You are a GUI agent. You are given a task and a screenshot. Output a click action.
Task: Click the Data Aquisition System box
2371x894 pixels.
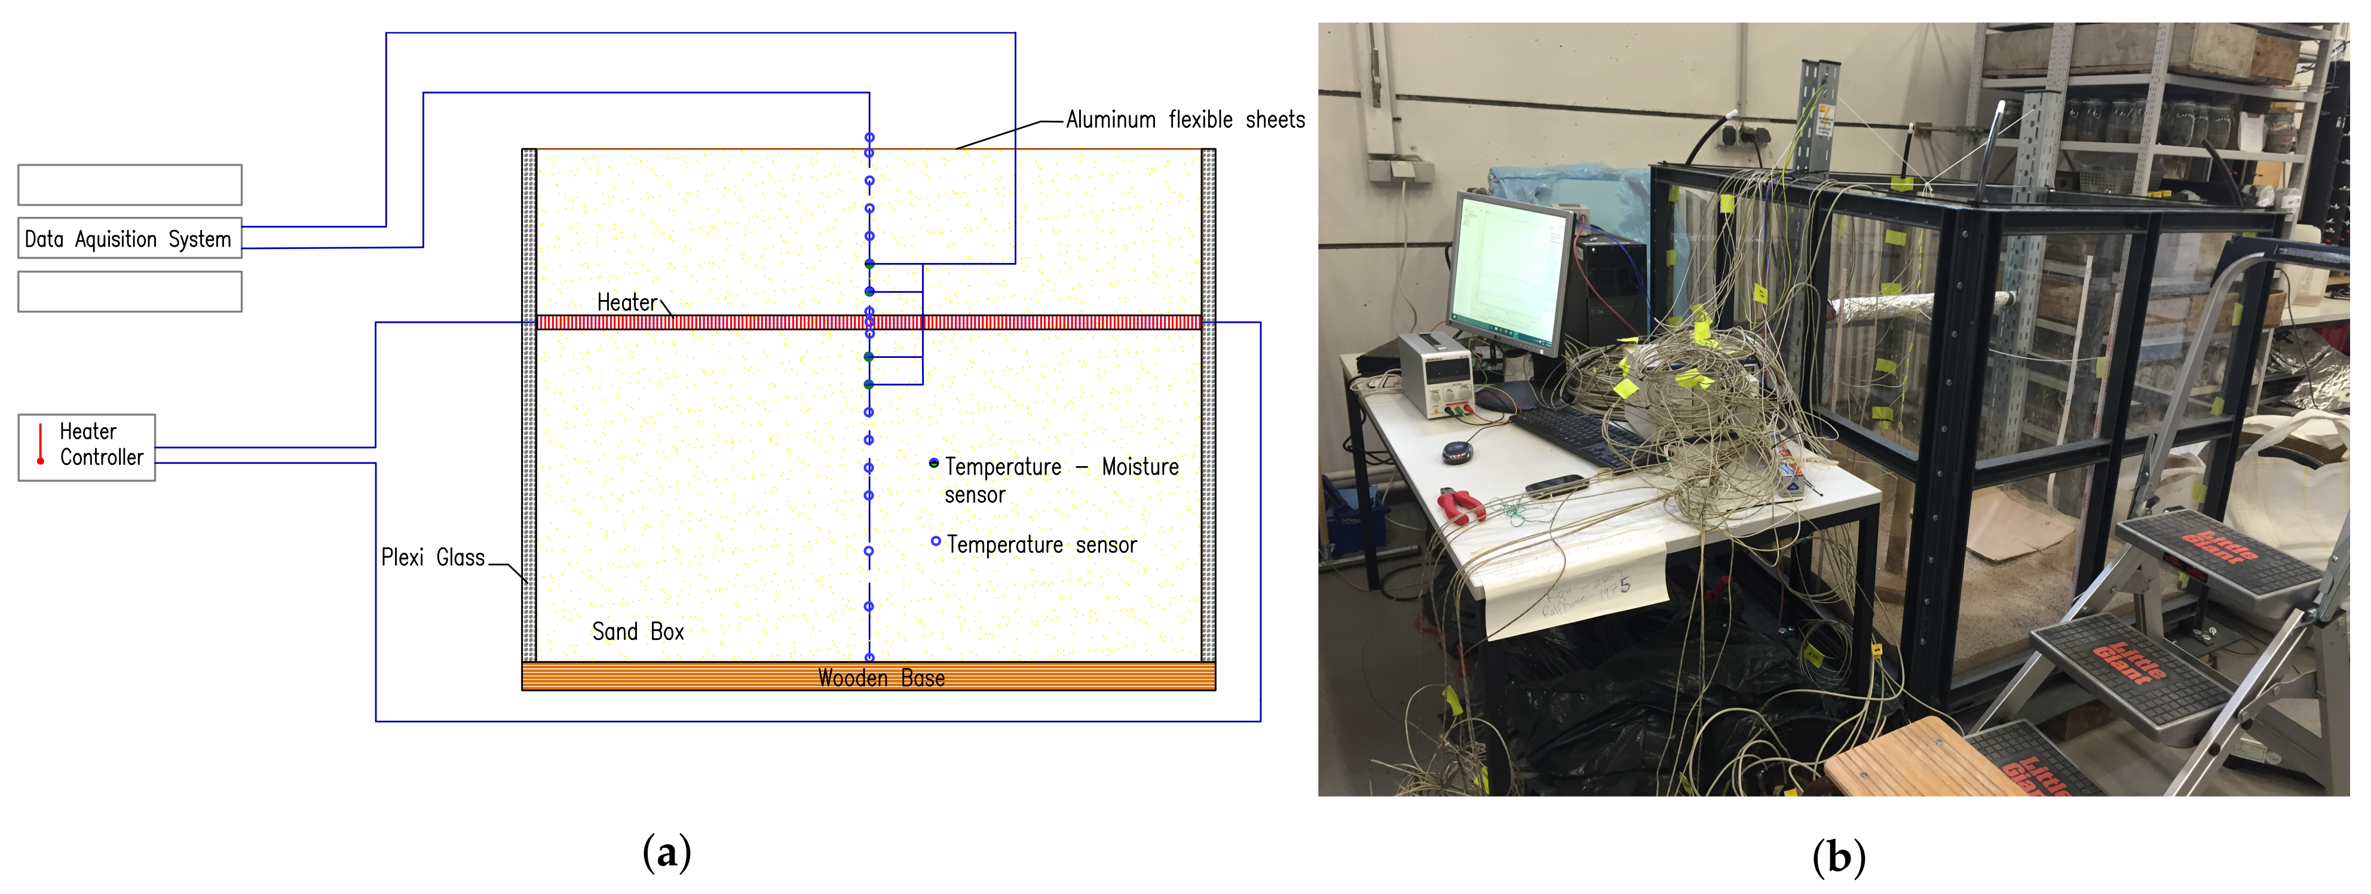pyautogui.click(x=129, y=238)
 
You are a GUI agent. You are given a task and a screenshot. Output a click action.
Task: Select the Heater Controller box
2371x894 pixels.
pyautogui.click(x=87, y=448)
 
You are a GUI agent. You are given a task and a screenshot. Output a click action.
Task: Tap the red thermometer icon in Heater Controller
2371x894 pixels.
pyautogui.click(x=41, y=444)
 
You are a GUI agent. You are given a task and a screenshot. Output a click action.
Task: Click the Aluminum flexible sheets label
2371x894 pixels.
pyautogui.click(x=1184, y=120)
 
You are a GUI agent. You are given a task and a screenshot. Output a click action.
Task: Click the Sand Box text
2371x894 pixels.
pyautogui.click(x=638, y=632)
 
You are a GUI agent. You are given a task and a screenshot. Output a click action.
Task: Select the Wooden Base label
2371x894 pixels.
pyautogui.click(x=881, y=678)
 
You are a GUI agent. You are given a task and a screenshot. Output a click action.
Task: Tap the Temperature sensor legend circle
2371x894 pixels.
pyautogui.click(x=935, y=541)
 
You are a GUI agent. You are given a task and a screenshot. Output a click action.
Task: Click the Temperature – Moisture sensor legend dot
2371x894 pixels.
pyautogui.click(x=934, y=463)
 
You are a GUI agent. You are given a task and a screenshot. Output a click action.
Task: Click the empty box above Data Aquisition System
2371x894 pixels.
pyautogui.click(x=129, y=185)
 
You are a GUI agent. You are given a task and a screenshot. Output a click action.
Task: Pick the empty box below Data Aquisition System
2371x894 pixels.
pyautogui.click(x=129, y=292)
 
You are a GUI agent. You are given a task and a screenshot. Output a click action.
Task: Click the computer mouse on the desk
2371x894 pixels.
pyautogui.click(x=1457, y=451)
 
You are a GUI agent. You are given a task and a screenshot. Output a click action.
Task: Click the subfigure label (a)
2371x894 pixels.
pyautogui.click(x=666, y=853)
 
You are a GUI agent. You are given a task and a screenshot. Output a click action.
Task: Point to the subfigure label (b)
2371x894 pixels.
pyautogui.click(x=1838, y=856)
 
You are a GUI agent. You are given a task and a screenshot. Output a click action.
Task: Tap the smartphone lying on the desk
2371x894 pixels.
pyautogui.click(x=1555, y=485)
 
